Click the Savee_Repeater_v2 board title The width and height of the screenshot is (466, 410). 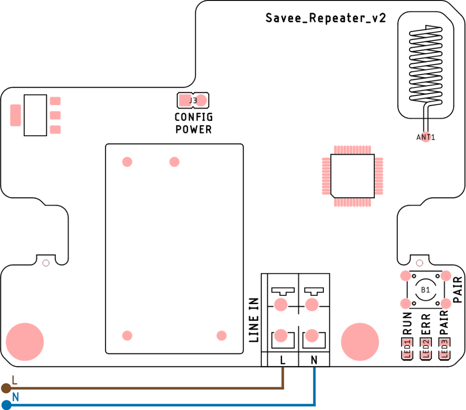(x=326, y=19)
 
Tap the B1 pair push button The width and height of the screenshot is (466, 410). (x=425, y=290)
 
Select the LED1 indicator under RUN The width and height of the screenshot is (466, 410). (x=407, y=349)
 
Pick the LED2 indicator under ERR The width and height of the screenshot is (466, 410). (x=426, y=349)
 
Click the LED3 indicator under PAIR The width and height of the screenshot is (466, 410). (x=444, y=349)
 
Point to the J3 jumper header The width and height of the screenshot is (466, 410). (x=193, y=100)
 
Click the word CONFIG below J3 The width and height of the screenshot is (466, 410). (x=194, y=117)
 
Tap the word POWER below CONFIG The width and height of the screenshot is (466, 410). (x=194, y=129)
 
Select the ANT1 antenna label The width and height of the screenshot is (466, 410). (x=426, y=137)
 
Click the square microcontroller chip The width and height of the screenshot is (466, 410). (x=353, y=175)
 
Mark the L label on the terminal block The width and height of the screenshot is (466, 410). (x=283, y=360)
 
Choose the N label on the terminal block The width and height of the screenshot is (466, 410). (x=314, y=360)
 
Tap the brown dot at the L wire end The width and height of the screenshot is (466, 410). (x=6, y=388)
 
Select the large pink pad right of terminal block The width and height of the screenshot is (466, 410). (x=360, y=342)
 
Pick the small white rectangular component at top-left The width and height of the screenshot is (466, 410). (x=35, y=115)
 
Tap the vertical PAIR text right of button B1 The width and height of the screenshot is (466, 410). (x=458, y=290)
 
